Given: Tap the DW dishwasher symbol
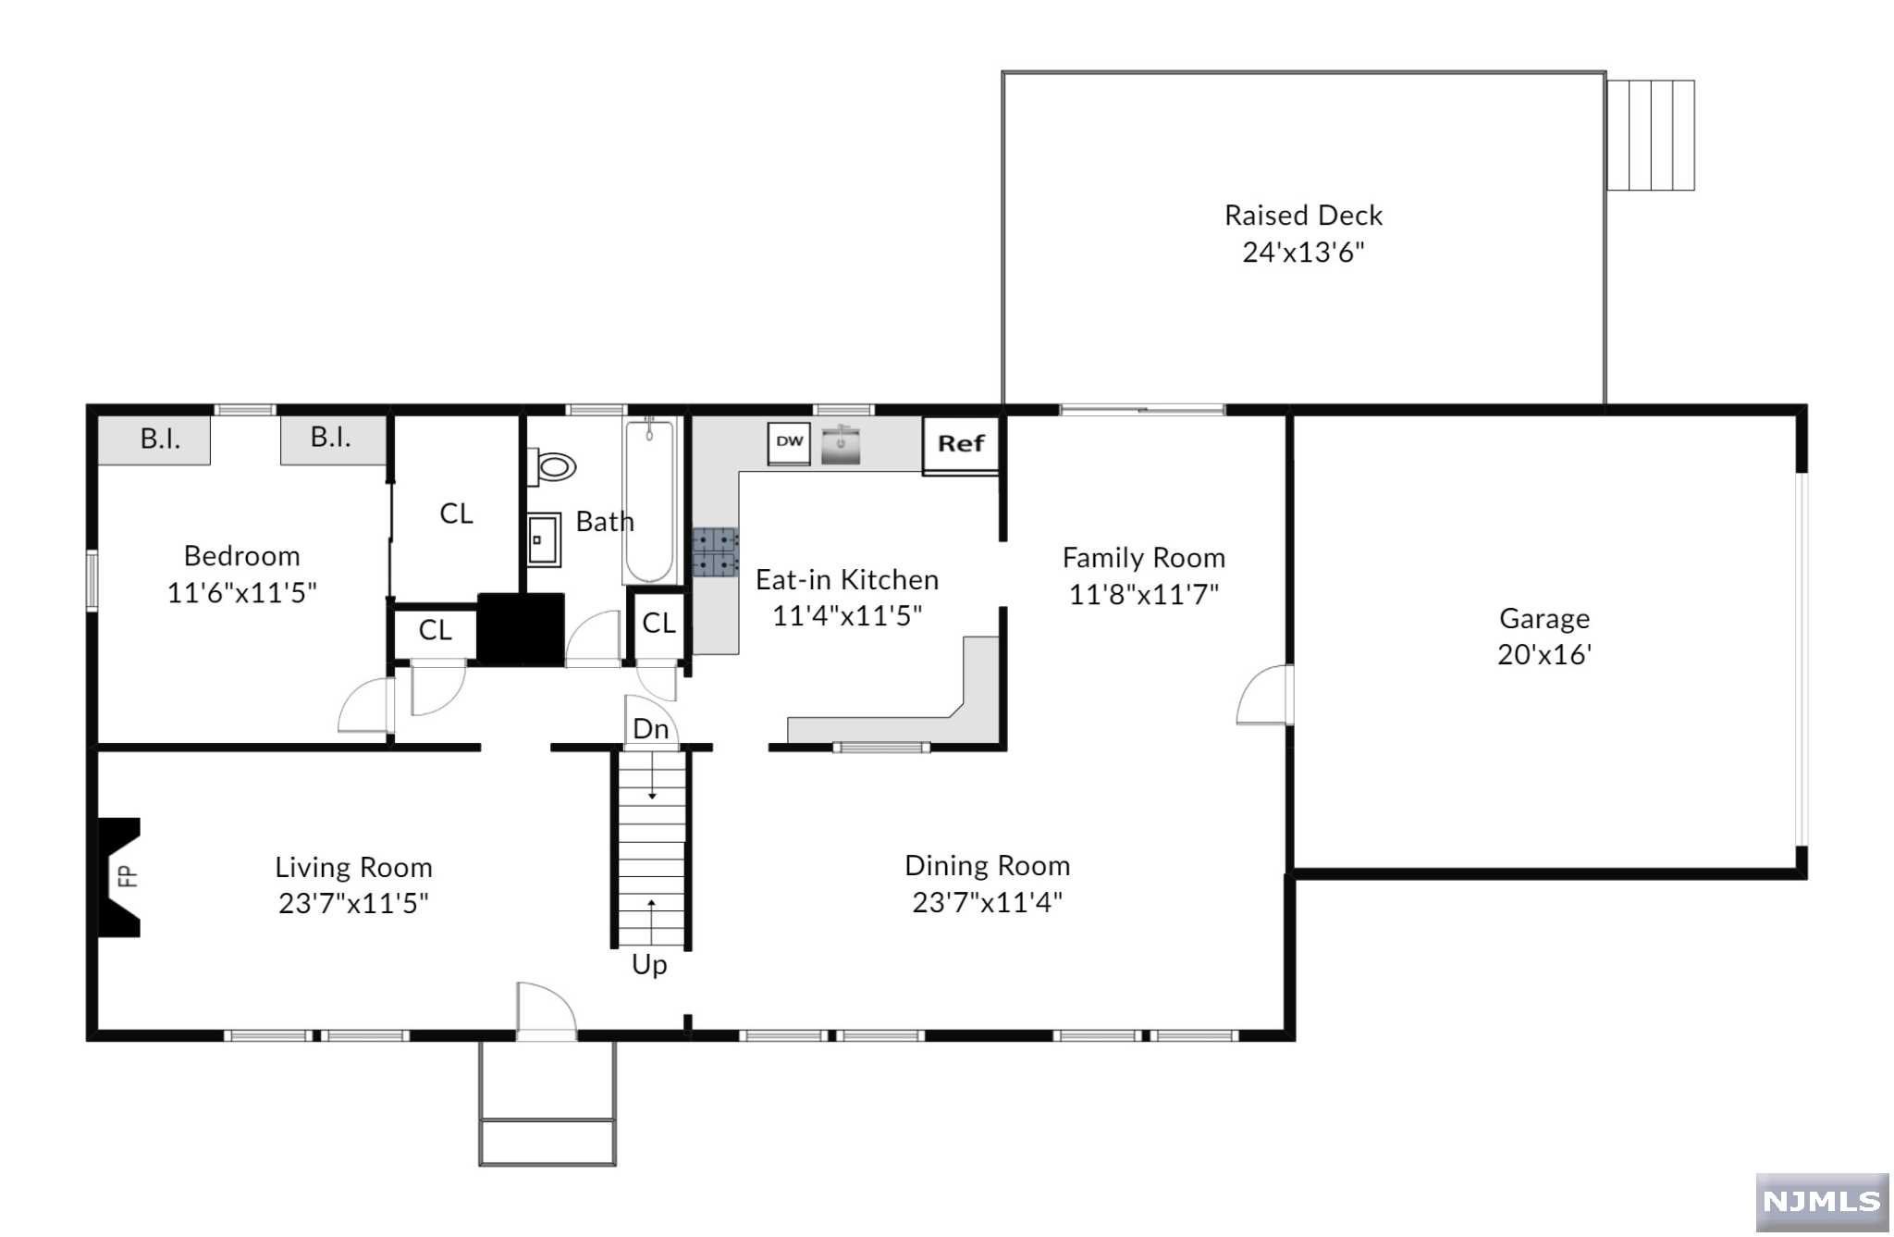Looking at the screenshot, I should point(789,442).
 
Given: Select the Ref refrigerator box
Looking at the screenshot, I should point(960,444).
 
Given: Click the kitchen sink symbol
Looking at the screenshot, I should point(841,444).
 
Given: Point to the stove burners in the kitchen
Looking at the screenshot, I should point(715,552).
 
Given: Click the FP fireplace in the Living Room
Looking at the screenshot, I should point(120,876).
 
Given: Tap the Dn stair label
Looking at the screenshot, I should point(650,729).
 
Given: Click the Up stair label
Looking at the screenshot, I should point(649,965).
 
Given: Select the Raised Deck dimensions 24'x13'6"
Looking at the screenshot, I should point(1303,252).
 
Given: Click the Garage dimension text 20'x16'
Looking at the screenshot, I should point(1543,655).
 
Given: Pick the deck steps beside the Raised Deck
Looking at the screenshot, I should point(1650,135).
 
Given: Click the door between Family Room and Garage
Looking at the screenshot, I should point(1266,695).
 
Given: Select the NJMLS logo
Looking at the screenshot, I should point(1821,1201).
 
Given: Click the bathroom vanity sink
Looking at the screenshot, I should point(544,539).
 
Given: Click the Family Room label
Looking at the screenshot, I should point(1143,558).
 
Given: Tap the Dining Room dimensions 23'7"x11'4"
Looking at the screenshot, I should point(987,902).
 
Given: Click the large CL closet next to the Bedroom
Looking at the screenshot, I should point(456,513).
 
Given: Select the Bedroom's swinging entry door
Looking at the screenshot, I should point(365,706).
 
